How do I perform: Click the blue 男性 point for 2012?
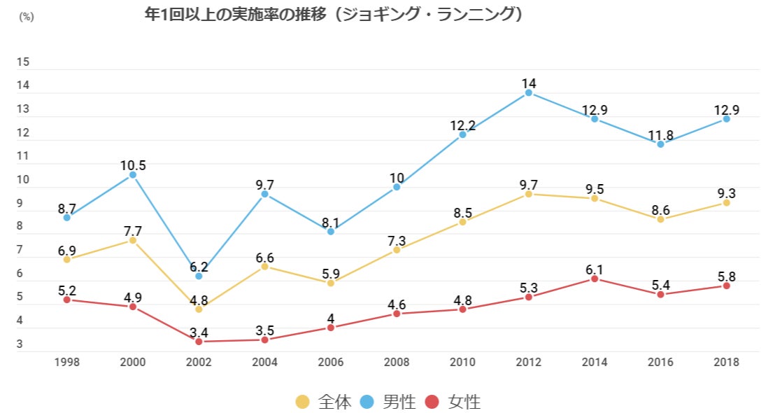[x=529, y=92]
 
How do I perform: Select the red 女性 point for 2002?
[x=199, y=342]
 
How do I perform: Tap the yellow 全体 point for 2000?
[x=133, y=240]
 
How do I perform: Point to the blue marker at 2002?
[x=199, y=276]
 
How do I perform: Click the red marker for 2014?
[x=595, y=279]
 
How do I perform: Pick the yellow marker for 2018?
[x=726, y=202]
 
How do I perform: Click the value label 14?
[x=529, y=83]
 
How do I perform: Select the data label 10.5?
[x=133, y=165]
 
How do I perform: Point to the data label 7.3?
[x=397, y=240]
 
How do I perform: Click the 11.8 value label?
[x=660, y=134]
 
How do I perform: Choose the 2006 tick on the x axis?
[x=331, y=362]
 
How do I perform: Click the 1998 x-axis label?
[x=67, y=362]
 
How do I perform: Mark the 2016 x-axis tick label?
[x=660, y=362]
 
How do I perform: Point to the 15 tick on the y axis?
[x=23, y=62]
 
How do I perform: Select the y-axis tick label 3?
[x=21, y=344]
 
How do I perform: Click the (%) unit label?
[x=26, y=17]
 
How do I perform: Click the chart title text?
[x=332, y=15]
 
